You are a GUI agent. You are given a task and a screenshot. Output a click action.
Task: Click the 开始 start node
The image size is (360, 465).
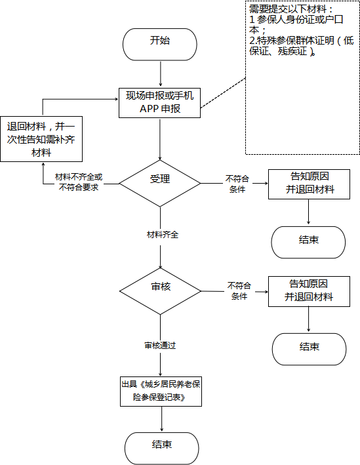(x=160, y=45)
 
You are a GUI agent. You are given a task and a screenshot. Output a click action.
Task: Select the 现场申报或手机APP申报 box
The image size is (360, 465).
(x=159, y=103)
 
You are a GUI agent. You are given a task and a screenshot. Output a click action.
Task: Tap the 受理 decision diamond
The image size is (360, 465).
(x=160, y=183)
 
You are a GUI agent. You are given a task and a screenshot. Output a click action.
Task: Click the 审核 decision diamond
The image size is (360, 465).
(x=160, y=291)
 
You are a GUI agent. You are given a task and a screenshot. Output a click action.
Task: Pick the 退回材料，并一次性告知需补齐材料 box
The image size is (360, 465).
(x=41, y=139)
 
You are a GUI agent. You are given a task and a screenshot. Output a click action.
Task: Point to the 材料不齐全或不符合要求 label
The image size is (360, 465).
(x=79, y=182)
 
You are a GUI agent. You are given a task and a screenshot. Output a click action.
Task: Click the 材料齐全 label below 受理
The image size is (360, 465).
(x=163, y=235)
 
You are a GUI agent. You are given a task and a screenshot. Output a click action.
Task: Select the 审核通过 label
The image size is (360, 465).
(x=160, y=346)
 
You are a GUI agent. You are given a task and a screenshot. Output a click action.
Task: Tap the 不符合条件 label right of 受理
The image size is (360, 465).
(x=237, y=184)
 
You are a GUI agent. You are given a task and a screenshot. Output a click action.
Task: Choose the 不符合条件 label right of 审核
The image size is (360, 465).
(x=239, y=291)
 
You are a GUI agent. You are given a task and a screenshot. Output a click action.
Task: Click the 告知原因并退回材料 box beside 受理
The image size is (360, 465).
(x=309, y=184)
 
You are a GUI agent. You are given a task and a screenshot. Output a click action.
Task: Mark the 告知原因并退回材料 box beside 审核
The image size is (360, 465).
(x=309, y=291)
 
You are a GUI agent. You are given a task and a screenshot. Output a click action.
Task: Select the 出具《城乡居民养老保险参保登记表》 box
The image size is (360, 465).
(x=161, y=392)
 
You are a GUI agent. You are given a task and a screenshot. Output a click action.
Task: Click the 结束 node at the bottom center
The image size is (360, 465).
(x=161, y=449)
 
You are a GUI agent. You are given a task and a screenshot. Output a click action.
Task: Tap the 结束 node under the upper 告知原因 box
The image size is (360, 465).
(x=308, y=242)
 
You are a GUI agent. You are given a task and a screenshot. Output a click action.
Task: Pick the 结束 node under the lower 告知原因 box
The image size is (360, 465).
(x=310, y=349)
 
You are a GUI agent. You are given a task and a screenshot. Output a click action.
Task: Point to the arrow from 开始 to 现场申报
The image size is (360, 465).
(x=161, y=74)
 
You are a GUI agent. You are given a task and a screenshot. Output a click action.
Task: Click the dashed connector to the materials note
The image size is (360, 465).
(x=223, y=93)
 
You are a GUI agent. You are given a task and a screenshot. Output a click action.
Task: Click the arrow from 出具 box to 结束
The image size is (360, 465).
(x=161, y=419)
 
